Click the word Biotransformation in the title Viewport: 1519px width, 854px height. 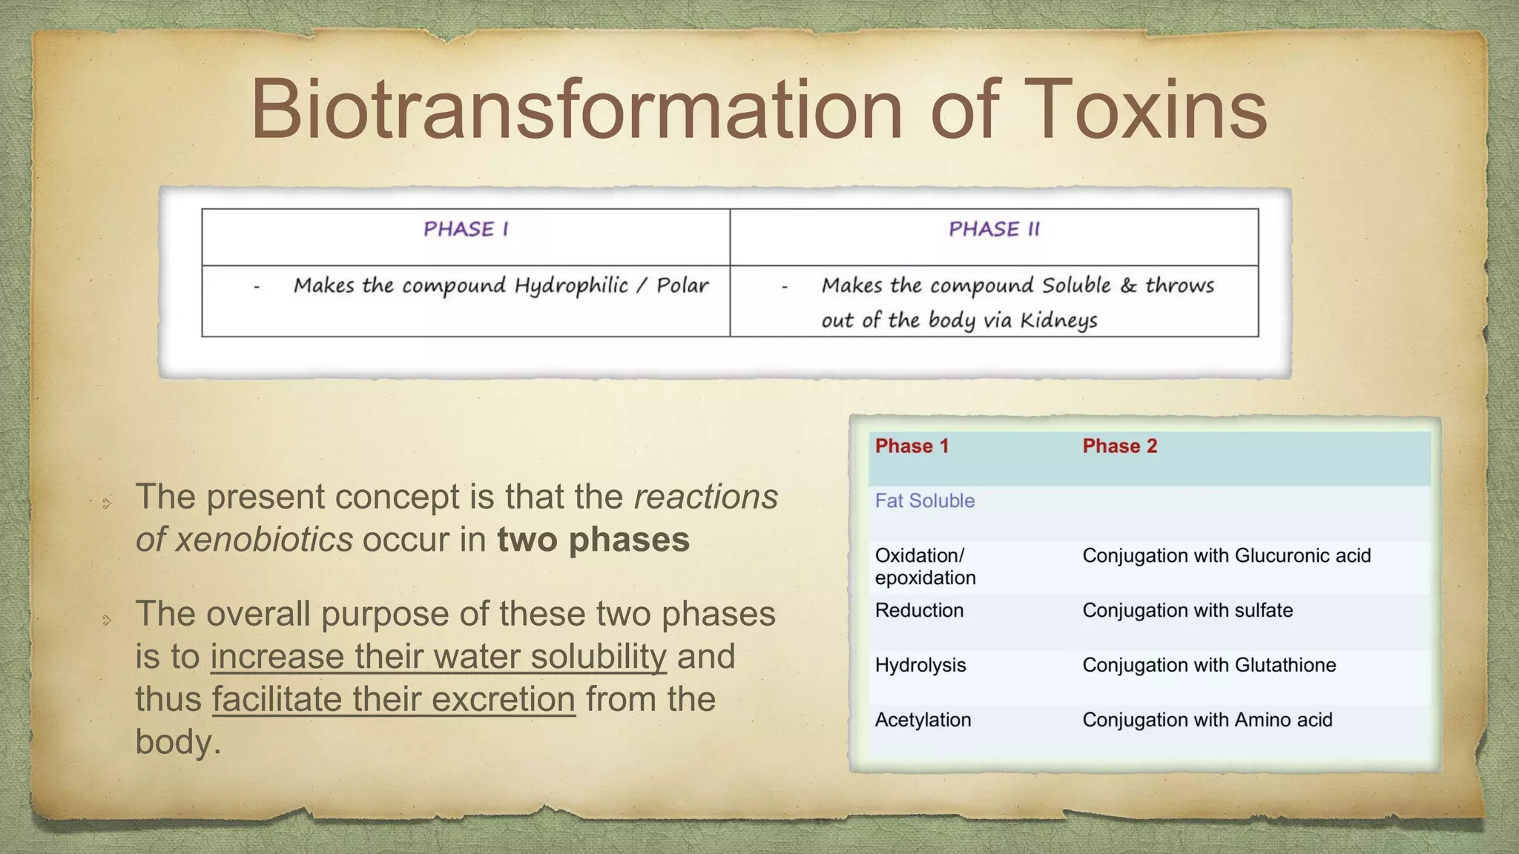tap(576, 110)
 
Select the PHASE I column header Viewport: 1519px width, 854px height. tap(466, 229)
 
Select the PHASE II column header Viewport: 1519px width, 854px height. tap(994, 229)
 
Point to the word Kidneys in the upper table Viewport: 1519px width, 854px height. tap(1058, 321)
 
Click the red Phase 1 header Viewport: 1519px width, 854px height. tap(912, 446)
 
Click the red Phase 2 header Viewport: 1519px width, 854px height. tap(1119, 446)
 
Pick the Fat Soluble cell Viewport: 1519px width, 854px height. tap(924, 501)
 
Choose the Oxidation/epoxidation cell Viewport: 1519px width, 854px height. tap(924, 566)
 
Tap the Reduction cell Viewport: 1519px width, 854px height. tap(919, 611)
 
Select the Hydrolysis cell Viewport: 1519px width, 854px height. tap(920, 666)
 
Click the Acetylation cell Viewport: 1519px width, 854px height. tap(923, 720)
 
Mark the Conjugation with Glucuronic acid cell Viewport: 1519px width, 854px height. tap(1226, 556)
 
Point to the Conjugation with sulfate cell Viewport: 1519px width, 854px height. tap(1187, 611)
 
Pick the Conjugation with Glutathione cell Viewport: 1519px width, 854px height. tap(1208, 666)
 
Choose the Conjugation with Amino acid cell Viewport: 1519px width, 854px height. tap(1207, 720)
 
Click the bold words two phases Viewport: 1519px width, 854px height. tap(593, 540)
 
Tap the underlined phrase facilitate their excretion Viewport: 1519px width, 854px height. tap(393, 700)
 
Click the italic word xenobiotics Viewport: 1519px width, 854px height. tap(264, 540)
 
